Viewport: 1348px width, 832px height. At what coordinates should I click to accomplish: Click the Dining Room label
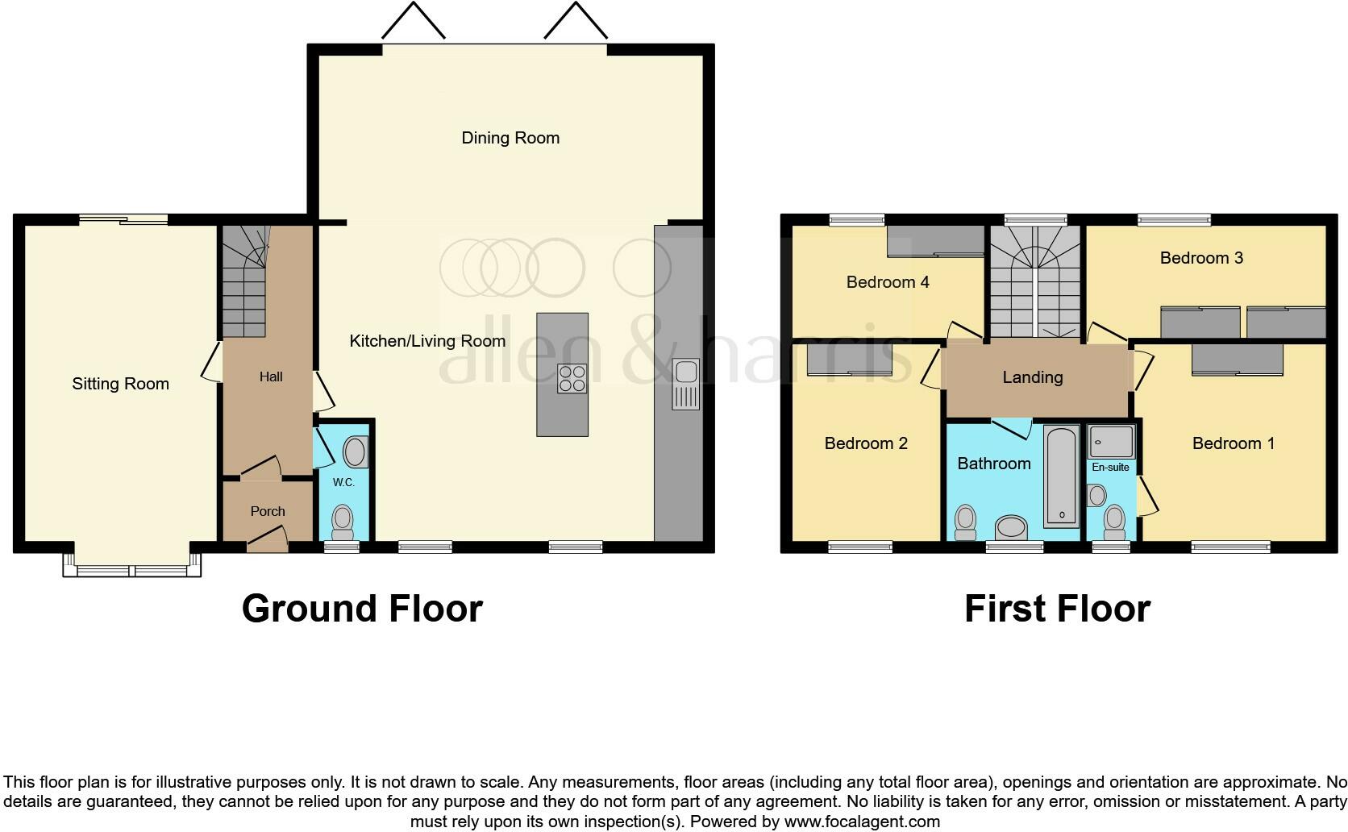[x=510, y=138]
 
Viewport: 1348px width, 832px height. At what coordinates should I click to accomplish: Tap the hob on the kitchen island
[x=572, y=379]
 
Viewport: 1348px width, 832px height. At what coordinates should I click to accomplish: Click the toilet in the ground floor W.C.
[x=343, y=522]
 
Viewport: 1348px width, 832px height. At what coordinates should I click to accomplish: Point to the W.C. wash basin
[x=356, y=453]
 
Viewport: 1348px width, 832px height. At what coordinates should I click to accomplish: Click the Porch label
[x=268, y=511]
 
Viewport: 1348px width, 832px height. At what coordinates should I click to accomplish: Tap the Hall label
[x=271, y=376]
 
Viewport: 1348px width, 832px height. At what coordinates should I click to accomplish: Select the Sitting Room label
[x=121, y=384]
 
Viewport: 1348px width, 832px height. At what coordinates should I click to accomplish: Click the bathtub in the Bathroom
[x=1061, y=476]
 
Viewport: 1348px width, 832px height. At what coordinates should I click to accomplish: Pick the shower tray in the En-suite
[x=1111, y=442]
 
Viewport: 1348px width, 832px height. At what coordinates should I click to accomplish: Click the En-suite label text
[x=1111, y=467]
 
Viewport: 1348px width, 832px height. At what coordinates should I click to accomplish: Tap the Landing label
[x=1033, y=377]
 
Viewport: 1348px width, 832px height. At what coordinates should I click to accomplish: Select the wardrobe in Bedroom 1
[x=1237, y=360]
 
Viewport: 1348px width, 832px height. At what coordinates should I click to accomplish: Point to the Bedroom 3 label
[x=1201, y=258]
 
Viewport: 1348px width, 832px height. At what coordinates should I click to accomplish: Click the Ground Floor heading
[x=362, y=609]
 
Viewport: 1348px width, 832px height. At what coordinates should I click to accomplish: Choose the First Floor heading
[x=1057, y=609]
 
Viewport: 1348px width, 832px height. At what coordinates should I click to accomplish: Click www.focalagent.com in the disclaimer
[x=862, y=822]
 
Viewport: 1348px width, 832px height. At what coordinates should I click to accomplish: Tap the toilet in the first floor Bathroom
[x=964, y=522]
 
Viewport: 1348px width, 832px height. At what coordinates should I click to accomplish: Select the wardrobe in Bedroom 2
[x=850, y=360]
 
